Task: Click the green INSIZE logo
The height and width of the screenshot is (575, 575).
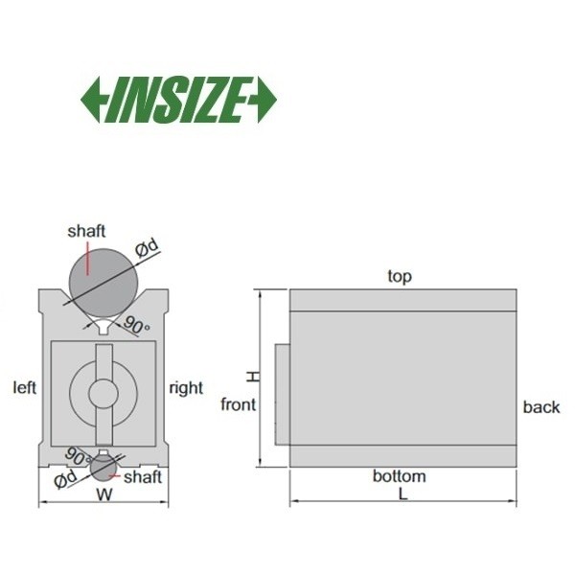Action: point(178,100)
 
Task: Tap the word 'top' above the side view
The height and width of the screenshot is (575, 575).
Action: point(400,277)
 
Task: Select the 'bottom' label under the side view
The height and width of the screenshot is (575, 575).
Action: point(400,476)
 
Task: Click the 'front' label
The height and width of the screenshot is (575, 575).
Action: point(239,404)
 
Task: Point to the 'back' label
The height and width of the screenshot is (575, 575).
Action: point(541,407)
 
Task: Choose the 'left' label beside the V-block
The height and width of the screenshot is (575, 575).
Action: point(25,387)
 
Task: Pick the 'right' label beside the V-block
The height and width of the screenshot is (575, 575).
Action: point(186,388)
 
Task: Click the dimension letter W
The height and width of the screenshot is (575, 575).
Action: point(104,494)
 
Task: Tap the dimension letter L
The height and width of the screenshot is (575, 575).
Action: point(403,494)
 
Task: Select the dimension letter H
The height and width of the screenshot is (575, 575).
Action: point(253,377)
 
